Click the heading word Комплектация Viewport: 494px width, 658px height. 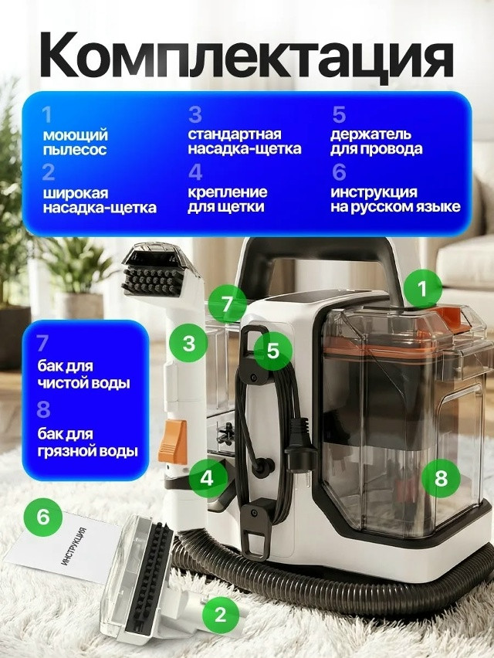pos(246,55)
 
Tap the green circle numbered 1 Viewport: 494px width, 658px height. pos(421,290)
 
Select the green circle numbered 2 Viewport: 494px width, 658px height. pos(221,614)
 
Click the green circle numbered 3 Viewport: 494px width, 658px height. pos(189,343)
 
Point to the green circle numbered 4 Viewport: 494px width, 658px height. pos(206,477)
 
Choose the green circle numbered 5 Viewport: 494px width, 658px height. pos(272,350)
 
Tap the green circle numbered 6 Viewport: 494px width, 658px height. pos(43,516)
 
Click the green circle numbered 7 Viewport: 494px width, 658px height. pos(227,304)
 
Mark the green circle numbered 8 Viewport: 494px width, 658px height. pos(441,477)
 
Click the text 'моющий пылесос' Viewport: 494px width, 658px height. pos(75,142)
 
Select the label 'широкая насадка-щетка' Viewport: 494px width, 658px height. pos(99,200)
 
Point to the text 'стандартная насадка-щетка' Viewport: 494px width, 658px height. pos(244,141)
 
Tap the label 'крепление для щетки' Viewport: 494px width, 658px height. pos(228,199)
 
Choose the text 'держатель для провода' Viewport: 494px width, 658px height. pos(376,141)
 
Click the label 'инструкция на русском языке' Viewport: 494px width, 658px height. pos(395,199)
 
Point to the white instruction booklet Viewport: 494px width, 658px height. pos(73,552)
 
